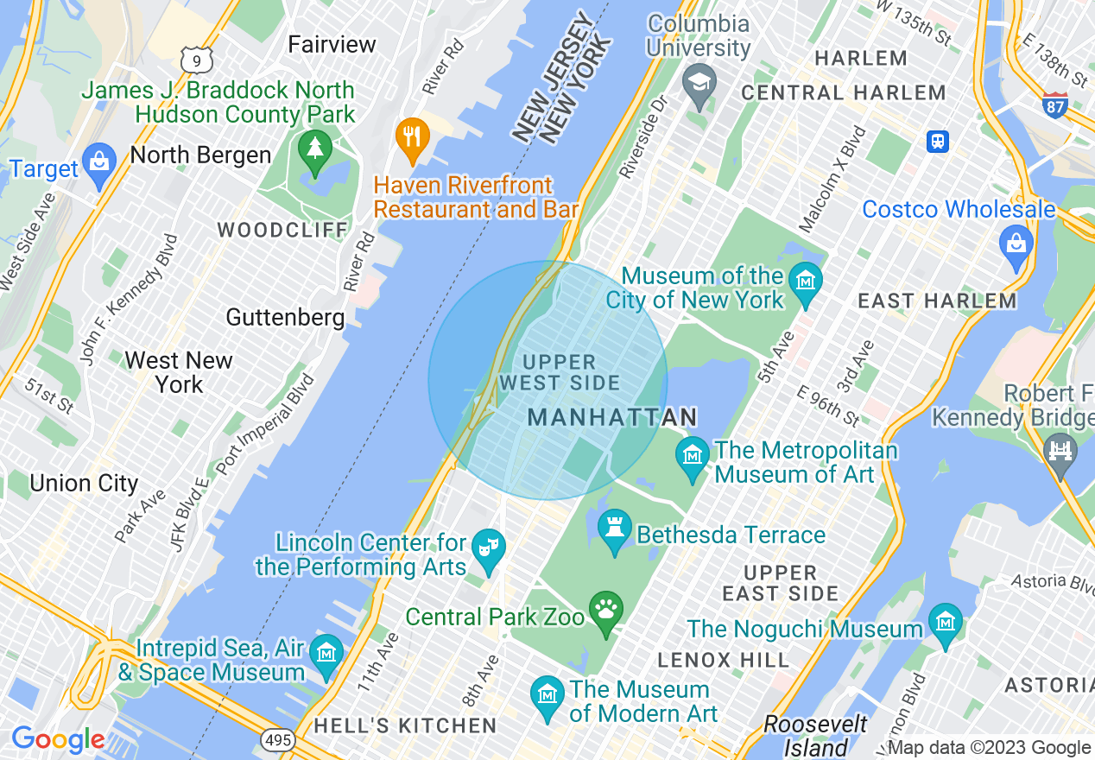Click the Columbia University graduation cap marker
698,83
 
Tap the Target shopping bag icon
100,162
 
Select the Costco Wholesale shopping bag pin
1016,241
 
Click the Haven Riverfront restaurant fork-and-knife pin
413,138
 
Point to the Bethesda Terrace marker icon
614,529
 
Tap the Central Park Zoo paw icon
606,610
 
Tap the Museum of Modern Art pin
547,695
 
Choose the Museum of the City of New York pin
806,282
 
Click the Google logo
57,739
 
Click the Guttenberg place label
285,318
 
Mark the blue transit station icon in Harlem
938,141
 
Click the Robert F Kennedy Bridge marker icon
1060,452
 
